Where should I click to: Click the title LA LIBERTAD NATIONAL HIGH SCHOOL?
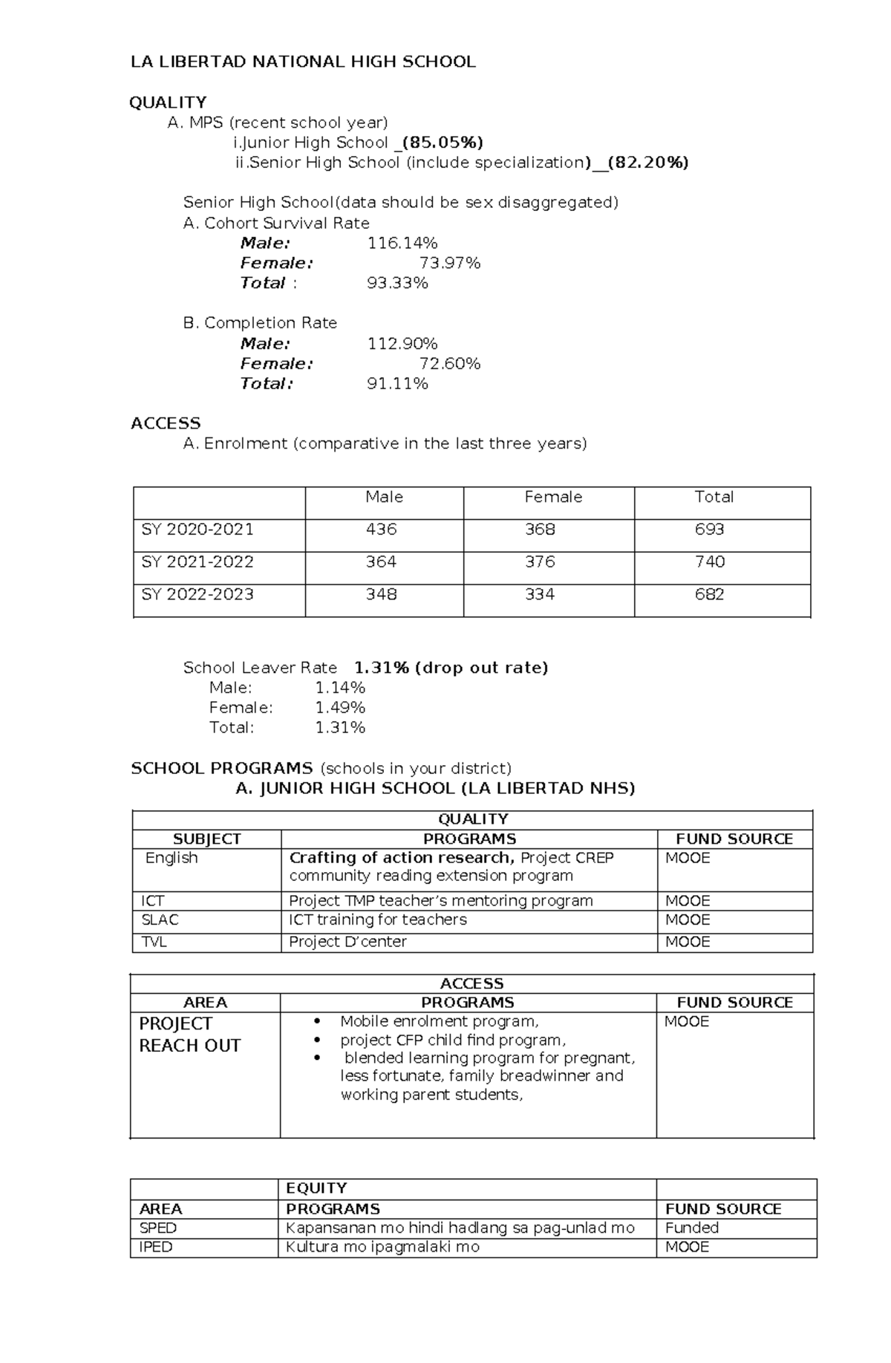coord(303,62)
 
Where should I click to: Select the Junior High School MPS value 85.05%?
coord(442,142)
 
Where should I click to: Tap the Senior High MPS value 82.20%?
coord(647,163)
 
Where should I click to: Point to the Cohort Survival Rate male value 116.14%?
coord(402,243)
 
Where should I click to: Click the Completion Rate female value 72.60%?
coord(449,364)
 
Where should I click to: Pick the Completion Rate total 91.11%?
coord(397,384)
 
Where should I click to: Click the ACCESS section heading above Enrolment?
coord(166,423)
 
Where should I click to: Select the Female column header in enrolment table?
coord(552,497)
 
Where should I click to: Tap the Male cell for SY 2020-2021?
coord(381,530)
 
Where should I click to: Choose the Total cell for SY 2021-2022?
coord(709,562)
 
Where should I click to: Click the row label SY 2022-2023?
coord(198,595)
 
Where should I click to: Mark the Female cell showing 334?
coord(540,595)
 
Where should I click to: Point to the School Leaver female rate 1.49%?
coord(340,708)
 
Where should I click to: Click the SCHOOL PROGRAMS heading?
coord(222,768)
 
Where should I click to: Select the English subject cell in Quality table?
coord(172,858)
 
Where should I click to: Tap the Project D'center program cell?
coord(347,942)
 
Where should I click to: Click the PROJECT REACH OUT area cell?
coord(189,1035)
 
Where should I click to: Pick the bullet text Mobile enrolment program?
coord(439,1021)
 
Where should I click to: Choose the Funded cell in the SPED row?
coord(691,1228)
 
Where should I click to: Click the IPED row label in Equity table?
coord(155,1247)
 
